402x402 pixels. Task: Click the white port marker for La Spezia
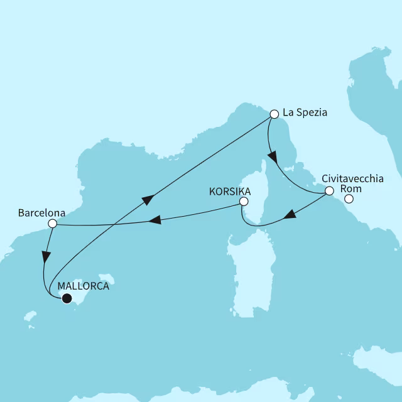click(274, 114)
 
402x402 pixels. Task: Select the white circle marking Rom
click(349, 200)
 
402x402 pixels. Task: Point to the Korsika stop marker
click(244, 202)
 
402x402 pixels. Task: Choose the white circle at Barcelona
click(53, 223)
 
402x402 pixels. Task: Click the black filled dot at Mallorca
click(66, 298)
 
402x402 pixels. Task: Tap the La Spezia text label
click(305, 113)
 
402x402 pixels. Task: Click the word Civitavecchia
click(352, 178)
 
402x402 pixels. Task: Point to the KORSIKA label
click(230, 190)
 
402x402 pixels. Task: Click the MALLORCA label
click(83, 286)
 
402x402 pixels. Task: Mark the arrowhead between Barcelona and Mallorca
click(45, 257)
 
